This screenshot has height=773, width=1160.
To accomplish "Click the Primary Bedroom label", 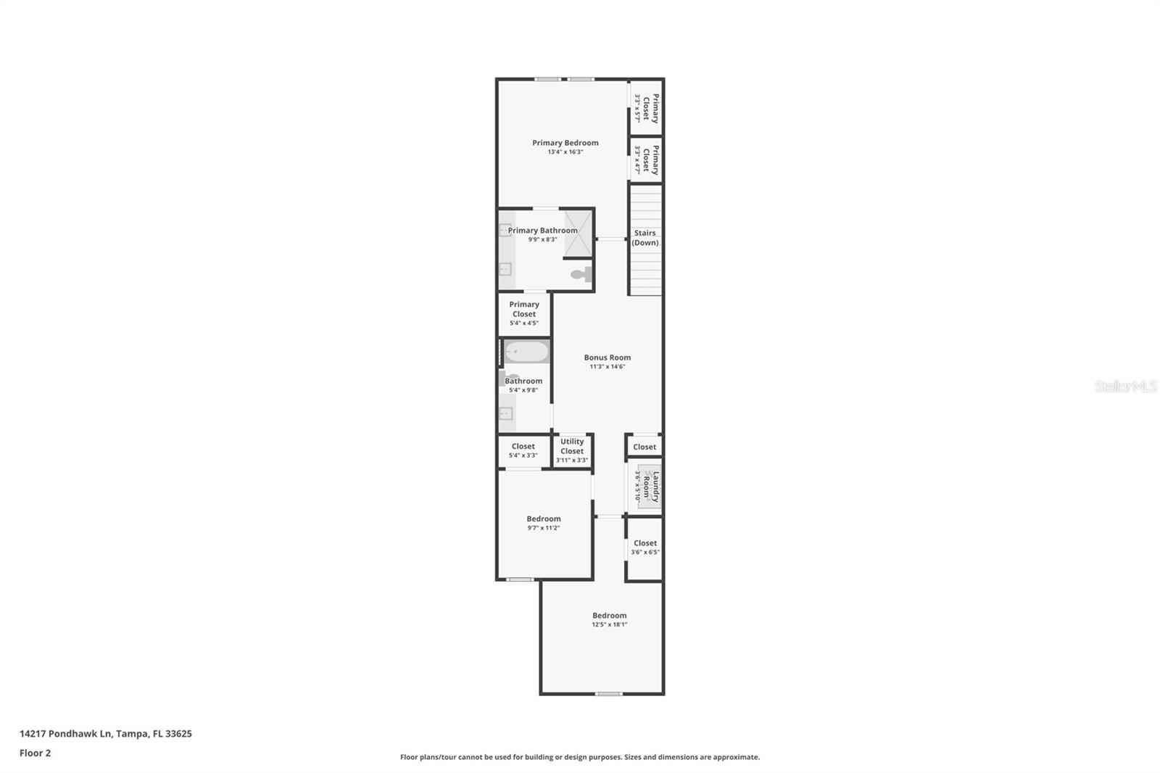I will tap(565, 143).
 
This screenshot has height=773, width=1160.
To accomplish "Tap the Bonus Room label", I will tap(608, 357).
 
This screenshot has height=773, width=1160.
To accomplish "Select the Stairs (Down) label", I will tap(645, 238).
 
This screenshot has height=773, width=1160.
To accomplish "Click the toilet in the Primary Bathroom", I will tap(581, 275).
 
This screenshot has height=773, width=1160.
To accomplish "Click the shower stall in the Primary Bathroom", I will tap(579, 233).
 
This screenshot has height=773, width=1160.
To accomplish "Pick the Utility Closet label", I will tap(572, 446).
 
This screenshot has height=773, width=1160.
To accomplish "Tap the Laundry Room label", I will tap(651, 487).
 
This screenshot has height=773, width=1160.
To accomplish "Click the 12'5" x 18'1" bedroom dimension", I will tap(610, 625).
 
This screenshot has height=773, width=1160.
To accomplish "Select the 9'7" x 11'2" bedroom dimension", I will tap(544, 528).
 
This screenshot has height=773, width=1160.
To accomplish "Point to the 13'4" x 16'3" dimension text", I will tap(565, 152).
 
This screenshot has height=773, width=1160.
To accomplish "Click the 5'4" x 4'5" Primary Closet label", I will tap(524, 310).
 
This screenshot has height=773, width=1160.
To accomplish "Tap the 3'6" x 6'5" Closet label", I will tap(645, 543).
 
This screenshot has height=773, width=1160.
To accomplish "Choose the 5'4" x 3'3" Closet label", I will tap(523, 447).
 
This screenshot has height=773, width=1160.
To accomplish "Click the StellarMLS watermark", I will tap(1125, 386).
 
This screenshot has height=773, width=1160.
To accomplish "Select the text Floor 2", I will tap(36, 753).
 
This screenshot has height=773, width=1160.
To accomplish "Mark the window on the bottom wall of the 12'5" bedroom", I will tap(609, 694).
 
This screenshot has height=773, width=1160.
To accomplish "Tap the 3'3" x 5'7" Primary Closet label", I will tap(651, 108).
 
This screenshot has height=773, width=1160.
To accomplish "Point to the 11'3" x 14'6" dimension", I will tap(608, 367).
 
